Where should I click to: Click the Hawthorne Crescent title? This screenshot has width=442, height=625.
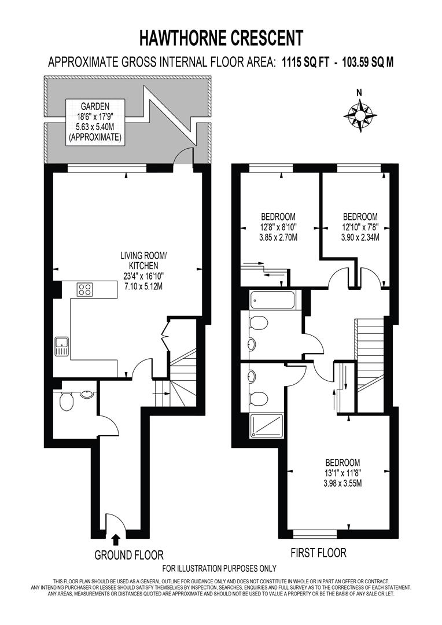[x=221, y=38]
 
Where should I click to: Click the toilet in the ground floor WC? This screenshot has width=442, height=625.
[x=66, y=401]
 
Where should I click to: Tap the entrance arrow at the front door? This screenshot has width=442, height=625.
[x=116, y=539]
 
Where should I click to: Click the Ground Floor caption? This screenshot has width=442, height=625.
[x=129, y=555]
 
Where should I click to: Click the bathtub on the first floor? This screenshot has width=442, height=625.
[x=273, y=300]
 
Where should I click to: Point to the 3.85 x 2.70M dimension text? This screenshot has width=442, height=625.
[x=278, y=237]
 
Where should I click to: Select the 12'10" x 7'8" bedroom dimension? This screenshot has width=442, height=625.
[x=359, y=227]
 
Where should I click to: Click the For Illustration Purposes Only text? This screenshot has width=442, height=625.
[x=219, y=569]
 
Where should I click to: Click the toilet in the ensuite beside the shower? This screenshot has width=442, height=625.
[x=259, y=398]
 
